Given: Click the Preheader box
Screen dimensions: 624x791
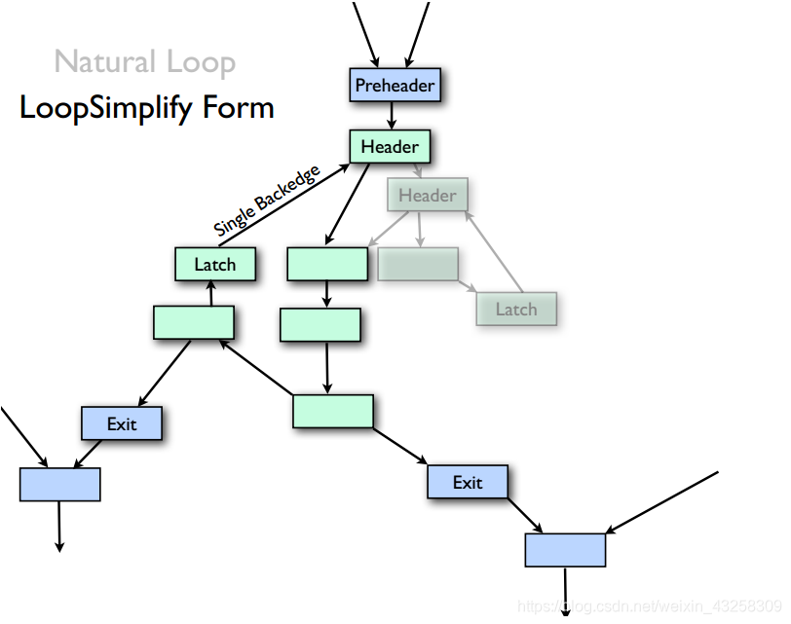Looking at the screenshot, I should pos(395,86).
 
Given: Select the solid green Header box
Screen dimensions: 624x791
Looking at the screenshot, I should pos(390,147).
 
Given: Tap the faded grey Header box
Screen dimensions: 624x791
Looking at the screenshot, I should pos(428,196).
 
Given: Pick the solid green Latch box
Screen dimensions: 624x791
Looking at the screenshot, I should pos(215,265).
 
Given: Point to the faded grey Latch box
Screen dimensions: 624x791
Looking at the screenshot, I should pos(516,309).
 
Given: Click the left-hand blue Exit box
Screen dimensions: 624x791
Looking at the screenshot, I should pos(122,424).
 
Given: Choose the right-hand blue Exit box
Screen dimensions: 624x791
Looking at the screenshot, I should pos(468,482).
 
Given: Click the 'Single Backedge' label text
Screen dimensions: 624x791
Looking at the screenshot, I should pos(266,202).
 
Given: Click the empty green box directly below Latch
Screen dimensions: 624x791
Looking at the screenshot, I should pos(194,322).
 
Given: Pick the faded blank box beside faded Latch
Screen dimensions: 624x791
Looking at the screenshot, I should pos(417,264).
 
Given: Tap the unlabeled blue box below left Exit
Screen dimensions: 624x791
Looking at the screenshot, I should pos(60,484).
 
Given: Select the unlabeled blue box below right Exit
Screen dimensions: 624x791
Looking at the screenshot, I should pos(565,550).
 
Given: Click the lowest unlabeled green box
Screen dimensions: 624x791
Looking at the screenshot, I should pos(333,411).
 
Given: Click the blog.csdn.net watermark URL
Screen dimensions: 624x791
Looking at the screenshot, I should pos(648,606).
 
